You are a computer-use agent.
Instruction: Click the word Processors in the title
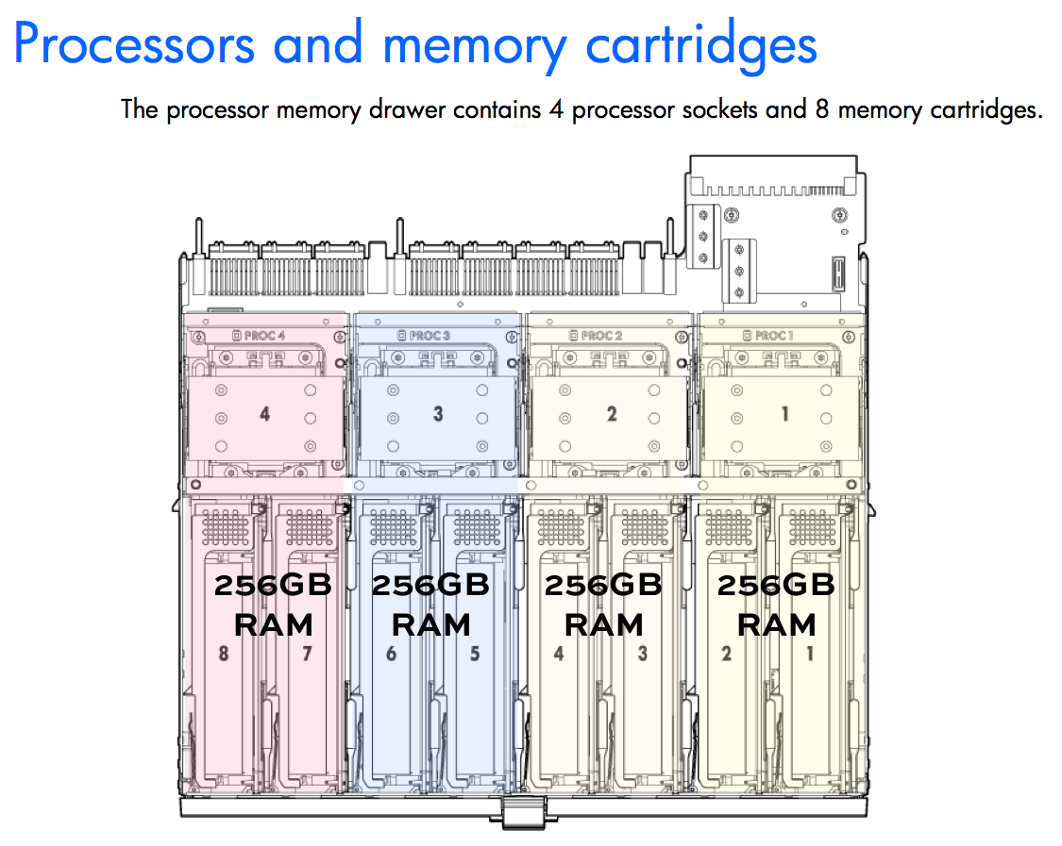point(134,44)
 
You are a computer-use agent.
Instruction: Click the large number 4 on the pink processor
point(265,413)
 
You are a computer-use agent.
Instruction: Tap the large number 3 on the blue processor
point(438,413)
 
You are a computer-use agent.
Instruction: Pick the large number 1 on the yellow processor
point(785,413)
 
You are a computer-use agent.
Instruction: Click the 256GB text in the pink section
point(273,585)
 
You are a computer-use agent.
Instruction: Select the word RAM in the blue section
point(430,624)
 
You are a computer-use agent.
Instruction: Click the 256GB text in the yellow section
point(776,585)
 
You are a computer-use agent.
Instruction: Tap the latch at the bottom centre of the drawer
point(523,811)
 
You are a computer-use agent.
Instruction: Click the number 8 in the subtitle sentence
point(822,108)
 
